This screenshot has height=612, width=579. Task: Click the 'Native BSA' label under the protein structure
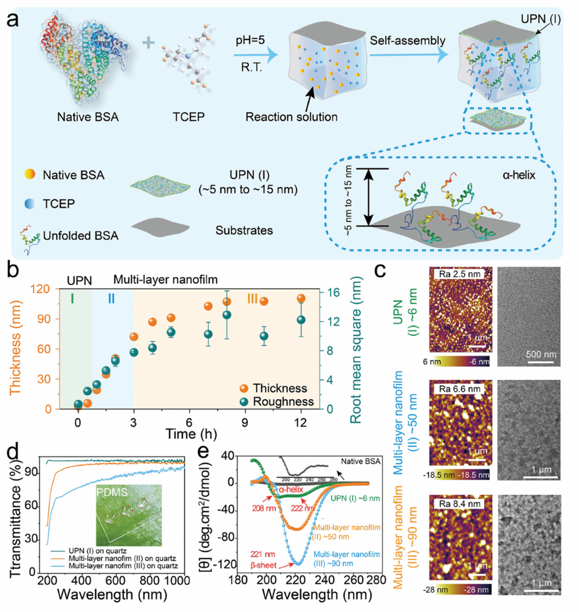(88, 117)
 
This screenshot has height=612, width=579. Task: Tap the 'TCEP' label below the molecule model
(189, 117)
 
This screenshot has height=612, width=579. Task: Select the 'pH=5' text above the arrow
(250, 40)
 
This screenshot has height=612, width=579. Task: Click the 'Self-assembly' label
(407, 41)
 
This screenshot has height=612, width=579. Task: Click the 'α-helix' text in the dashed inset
(519, 175)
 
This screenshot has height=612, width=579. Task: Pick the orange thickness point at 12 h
(301, 299)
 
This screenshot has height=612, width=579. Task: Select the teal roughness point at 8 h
(227, 315)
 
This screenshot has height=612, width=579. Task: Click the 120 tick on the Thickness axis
(48, 289)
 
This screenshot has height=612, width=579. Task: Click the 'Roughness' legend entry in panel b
(283, 402)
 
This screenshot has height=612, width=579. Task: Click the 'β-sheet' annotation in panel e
(263, 566)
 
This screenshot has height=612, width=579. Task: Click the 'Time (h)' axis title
(191, 434)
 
